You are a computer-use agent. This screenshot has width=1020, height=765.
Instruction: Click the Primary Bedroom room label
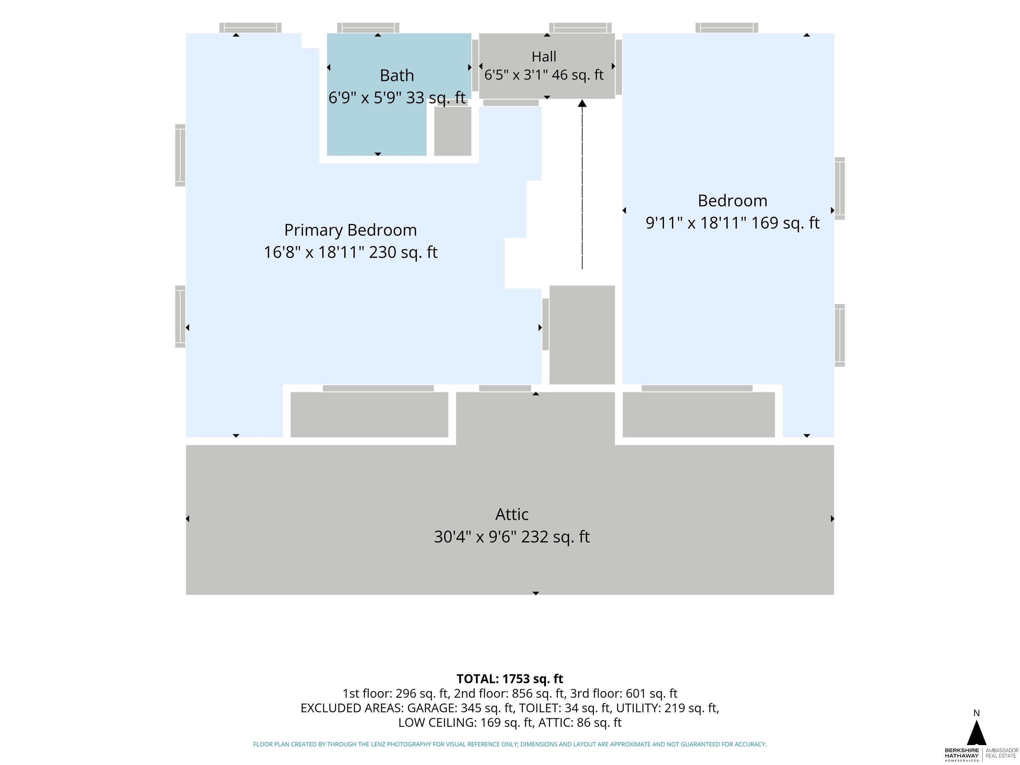click(x=350, y=230)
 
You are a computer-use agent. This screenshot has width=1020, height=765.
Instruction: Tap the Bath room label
click(x=396, y=75)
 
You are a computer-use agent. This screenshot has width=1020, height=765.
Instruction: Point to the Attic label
click(x=512, y=514)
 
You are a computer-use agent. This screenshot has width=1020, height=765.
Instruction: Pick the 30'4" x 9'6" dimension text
click(x=479, y=537)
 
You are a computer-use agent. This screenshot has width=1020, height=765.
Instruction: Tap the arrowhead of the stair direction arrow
click(x=582, y=103)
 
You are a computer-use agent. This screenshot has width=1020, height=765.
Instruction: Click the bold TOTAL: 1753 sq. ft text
click(x=510, y=679)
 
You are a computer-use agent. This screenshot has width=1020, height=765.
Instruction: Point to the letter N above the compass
click(x=976, y=713)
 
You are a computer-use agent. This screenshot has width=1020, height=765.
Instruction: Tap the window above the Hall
click(x=580, y=28)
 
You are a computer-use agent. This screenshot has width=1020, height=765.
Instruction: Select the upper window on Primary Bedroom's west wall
click(x=180, y=155)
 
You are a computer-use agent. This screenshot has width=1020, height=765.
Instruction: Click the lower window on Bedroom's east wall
click(x=840, y=335)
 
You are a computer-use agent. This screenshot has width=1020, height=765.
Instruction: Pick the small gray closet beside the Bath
click(x=453, y=131)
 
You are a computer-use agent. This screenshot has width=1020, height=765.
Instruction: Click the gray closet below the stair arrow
click(x=582, y=335)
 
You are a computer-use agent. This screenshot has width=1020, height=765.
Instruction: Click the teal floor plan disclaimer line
click(x=510, y=744)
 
